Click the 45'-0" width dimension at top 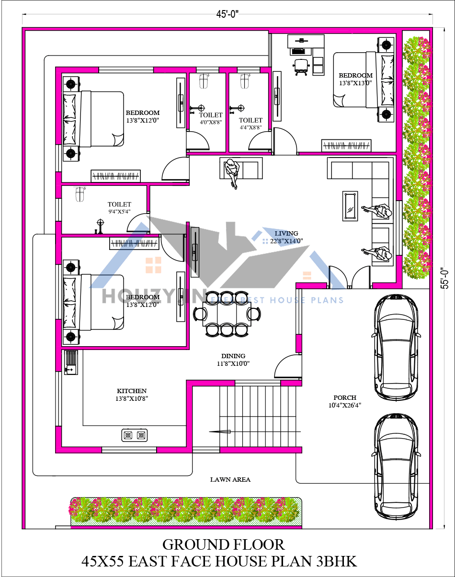click(227, 14)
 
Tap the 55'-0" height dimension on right click(445, 278)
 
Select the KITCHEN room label click(132, 395)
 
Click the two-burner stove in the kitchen click(134, 435)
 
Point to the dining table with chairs click(227, 314)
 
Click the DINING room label click(233, 360)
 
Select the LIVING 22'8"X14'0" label click(286, 238)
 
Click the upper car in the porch click(395, 347)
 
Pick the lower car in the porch click(395, 467)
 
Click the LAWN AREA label click(230, 479)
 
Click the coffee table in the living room click(350, 206)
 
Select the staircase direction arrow click(220, 432)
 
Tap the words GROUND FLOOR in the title click(223, 544)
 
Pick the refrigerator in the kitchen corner click(70, 362)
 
